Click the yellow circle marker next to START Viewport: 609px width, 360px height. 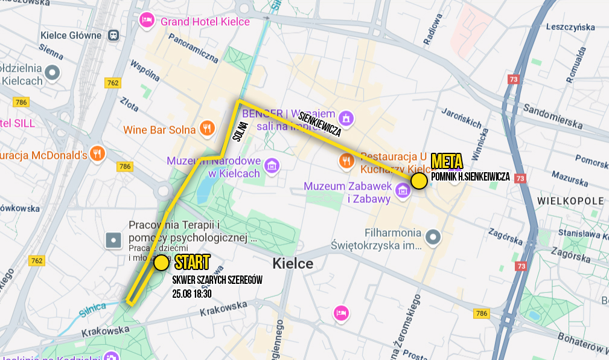click(161, 263)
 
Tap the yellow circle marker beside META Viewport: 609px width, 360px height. click(419, 181)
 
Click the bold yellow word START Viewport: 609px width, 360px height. click(193, 263)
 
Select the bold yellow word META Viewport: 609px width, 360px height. click(447, 161)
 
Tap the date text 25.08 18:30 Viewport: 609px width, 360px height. click(192, 294)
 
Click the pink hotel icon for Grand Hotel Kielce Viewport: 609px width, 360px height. click(147, 21)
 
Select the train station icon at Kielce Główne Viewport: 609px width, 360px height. click(113, 35)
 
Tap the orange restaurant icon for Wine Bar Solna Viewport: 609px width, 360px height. click(208, 128)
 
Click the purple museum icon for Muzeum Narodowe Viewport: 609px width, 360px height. click(272, 164)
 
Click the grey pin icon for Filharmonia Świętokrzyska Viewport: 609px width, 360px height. click(432, 238)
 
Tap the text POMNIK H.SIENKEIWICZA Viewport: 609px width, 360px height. click(471, 177)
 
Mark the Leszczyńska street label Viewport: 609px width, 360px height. click(570, 27)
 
